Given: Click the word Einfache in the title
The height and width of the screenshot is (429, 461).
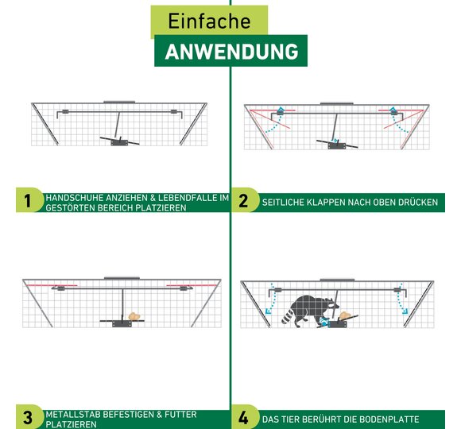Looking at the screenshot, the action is (209, 21).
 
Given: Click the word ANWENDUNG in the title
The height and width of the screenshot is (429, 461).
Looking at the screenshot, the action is (231, 52).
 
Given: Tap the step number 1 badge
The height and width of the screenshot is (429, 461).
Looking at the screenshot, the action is (27, 201).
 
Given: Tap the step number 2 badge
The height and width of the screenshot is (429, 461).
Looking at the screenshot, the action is (243, 201).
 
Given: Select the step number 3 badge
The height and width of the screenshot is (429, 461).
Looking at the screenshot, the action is (28, 417).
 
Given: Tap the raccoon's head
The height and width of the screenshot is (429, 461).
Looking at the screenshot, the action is (331, 305).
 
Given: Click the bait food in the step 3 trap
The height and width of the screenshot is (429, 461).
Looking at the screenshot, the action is (134, 316).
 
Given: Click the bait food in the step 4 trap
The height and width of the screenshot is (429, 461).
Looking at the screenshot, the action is (345, 316).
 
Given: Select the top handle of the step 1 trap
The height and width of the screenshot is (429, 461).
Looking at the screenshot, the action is (119, 102).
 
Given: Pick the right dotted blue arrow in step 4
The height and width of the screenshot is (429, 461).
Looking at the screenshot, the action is (401, 299).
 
